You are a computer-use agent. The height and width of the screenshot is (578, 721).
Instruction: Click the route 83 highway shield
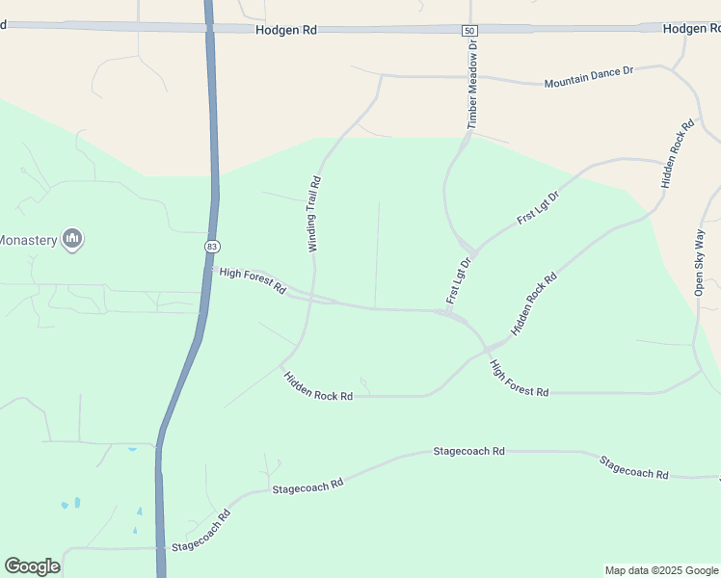[211, 247]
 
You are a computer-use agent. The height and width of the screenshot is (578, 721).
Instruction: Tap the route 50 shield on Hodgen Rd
[468, 31]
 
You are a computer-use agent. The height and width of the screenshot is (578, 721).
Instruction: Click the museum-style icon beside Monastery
[72, 238]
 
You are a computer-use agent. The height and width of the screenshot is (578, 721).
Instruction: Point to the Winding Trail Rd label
[313, 214]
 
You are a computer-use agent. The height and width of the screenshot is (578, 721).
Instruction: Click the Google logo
[32, 566]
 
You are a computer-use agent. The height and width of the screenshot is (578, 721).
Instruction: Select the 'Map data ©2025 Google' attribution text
[660, 570]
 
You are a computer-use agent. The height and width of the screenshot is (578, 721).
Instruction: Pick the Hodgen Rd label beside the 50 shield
[286, 31]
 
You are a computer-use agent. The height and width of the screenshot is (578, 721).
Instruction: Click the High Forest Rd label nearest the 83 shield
[253, 280]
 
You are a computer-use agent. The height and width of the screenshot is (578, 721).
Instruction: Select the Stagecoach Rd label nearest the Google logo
[200, 533]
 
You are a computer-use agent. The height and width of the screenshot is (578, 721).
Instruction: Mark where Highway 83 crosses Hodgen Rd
[209, 28]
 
